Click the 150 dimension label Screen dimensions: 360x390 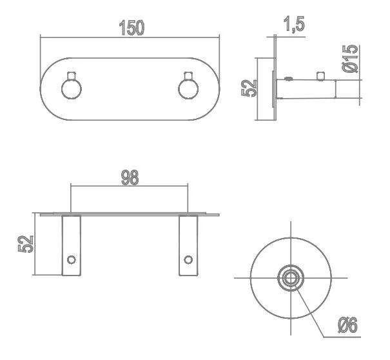click(x=131, y=28)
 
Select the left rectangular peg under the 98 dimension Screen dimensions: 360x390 click(x=71, y=245)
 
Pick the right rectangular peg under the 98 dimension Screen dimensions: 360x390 click(x=188, y=245)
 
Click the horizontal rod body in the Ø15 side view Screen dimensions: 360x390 click(x=309, y=89)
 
